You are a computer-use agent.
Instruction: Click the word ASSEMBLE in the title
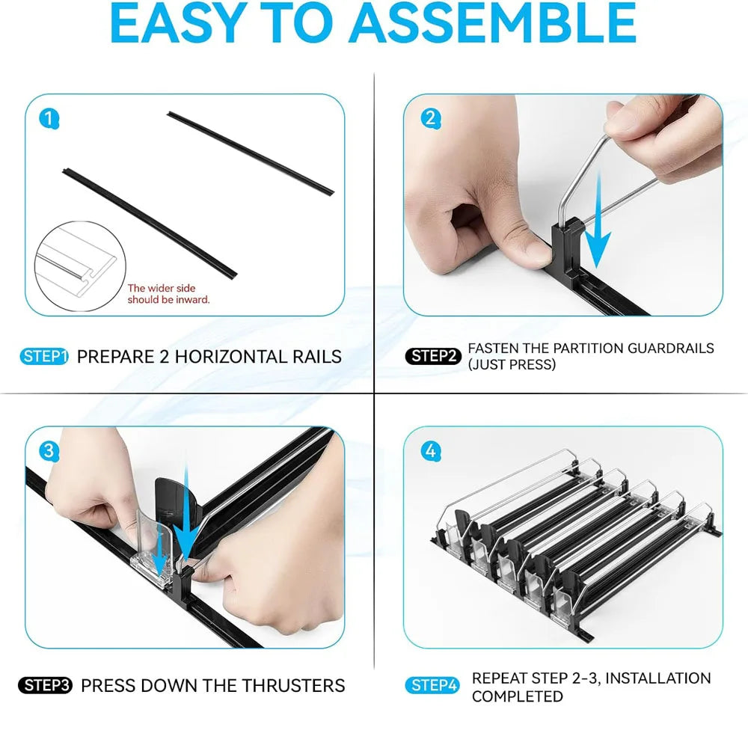pos(494,23)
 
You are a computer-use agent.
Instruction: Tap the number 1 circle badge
pos(49,118)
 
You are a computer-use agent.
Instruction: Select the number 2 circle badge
pos(431,118)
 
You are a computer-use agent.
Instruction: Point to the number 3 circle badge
pos(49,451)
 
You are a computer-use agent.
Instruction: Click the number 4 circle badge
pos(431,451)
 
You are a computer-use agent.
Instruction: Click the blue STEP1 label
pos(44,356)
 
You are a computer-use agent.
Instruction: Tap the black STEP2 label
pos(433,356)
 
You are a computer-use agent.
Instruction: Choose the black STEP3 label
pos(46,685)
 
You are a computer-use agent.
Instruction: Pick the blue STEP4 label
pos(432,685)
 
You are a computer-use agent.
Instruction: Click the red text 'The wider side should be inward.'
pos(168,294)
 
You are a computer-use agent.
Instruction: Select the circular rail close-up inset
pos(80,266)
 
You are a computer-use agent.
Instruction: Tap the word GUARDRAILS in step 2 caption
pos(671,349)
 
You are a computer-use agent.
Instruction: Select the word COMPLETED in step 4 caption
pos(517,696)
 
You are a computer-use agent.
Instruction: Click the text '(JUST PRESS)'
pos(512,365)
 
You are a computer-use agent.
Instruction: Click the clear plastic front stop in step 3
pos(152,548)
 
